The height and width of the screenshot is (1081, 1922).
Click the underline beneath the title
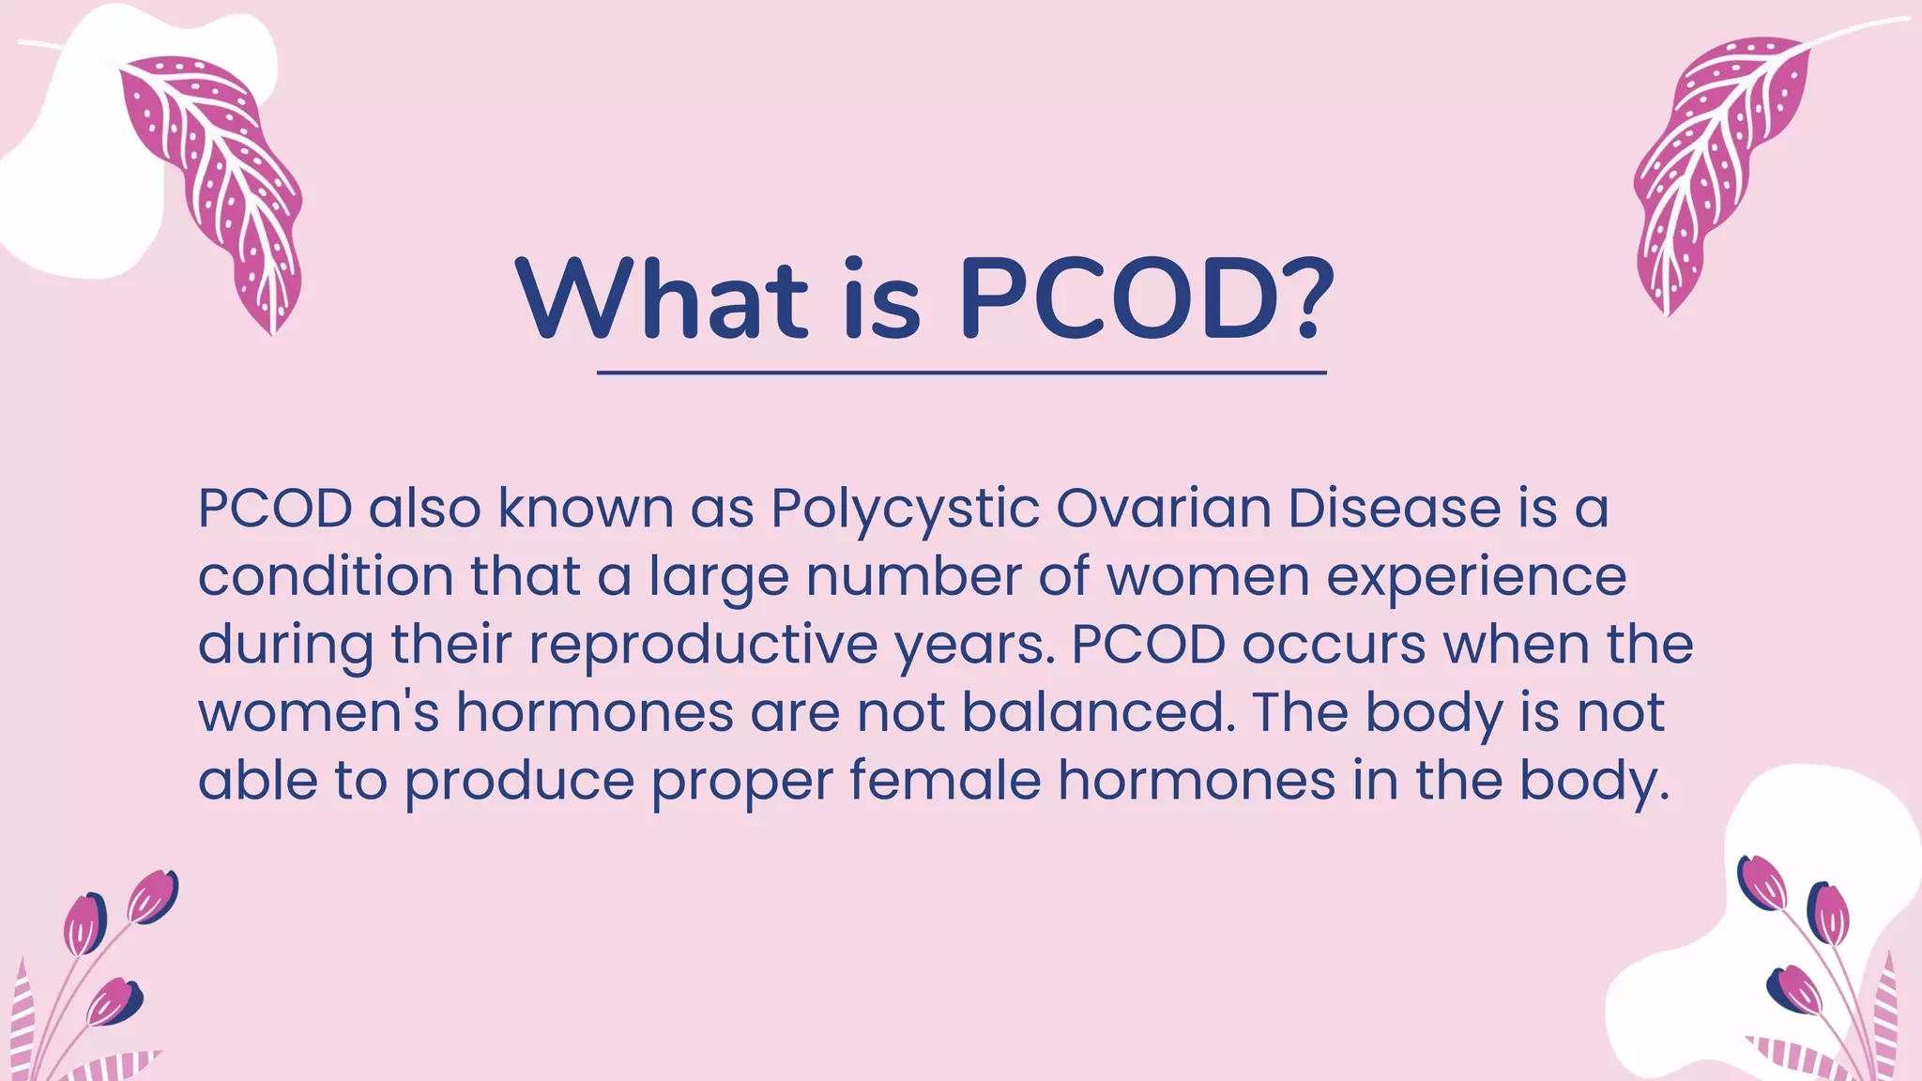tap(961, 373)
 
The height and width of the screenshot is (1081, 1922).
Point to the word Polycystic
tap(905, 510)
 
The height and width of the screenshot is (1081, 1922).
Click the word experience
tap(1476, 577)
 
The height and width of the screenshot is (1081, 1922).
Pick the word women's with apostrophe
tap(318, 712)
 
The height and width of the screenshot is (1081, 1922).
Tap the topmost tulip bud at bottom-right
tap(1762, 882)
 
